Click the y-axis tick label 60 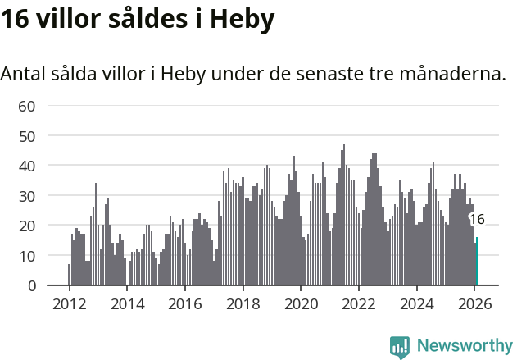(x=27, y=106)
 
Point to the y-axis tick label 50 (x=27, y=135)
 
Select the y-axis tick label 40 (x=27, y=166)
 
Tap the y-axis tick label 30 (x=27, y=196)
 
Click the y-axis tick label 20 (x=27, y=226)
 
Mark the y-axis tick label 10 (x=27, y=256)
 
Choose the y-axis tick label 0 (x=32, y=286)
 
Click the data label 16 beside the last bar (x=477, y=219)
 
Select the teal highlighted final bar (x=477, y=262)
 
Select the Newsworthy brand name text (x=464, y=346)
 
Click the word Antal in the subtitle (x=24, y=74)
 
